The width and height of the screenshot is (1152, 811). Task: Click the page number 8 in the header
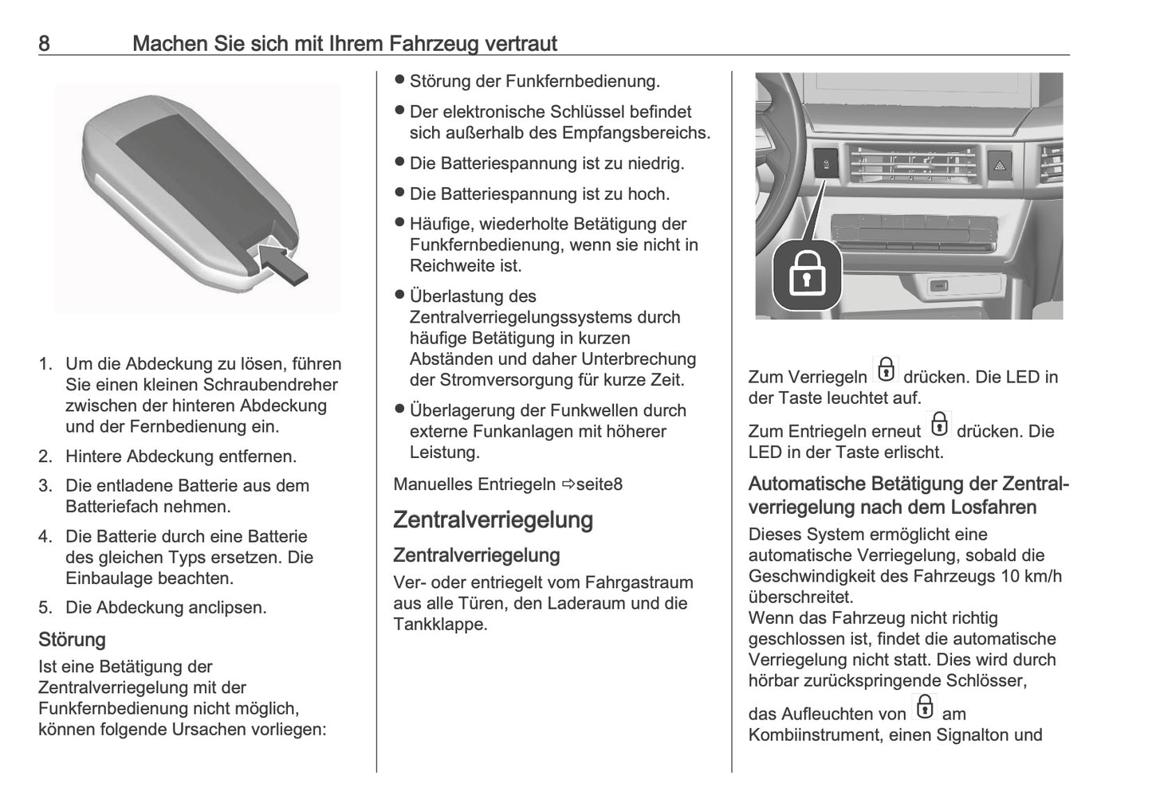pos(44,43)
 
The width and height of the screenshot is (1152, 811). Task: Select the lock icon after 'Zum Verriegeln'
pos(885,371)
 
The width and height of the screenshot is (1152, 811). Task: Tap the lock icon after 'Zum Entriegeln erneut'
pos(940,425)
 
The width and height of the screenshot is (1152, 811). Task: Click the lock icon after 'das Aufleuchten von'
pos(924,707)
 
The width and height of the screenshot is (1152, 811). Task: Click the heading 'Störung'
pos(72,639)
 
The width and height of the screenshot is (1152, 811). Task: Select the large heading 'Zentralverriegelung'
pos(493,519)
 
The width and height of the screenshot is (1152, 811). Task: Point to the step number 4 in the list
pos(45,536)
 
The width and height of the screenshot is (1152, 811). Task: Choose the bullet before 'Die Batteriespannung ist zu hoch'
pos(400,193)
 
